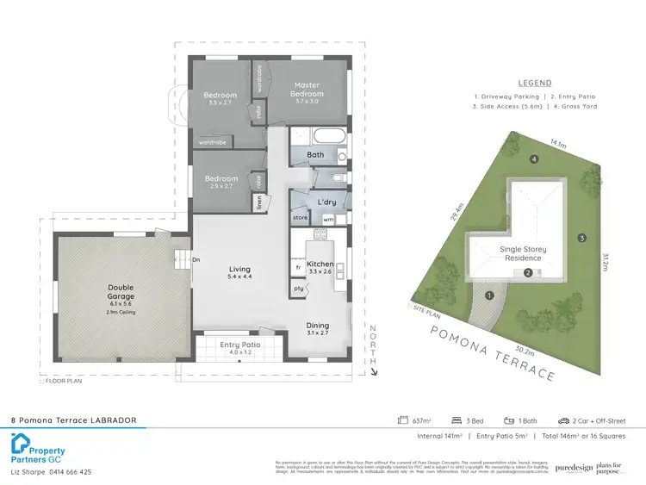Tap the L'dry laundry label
click(x=326, y=201)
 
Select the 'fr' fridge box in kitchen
click(x=298, y=267)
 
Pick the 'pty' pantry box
click(x=299, y=288)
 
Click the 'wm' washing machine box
click(x=328, y=219)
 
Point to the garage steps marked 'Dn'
click(x=183, y=258)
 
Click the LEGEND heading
click(x=534, y=84)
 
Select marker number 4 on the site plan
click(x=534, y=159)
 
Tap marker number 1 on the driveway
click(x=489, y=295)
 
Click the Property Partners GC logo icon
click(x=21, y=445)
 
